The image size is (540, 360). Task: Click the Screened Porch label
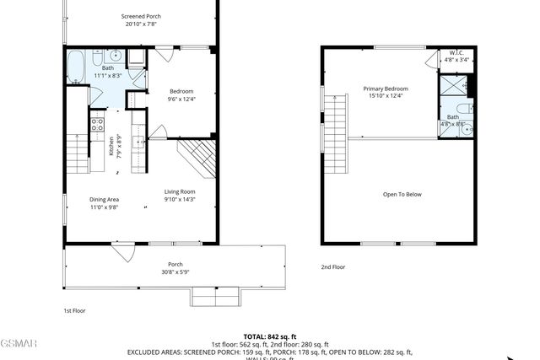141,16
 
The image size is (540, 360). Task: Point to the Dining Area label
105,200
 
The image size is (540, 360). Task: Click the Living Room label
180,191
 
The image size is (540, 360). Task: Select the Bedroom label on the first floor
181,91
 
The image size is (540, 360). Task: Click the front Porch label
175,264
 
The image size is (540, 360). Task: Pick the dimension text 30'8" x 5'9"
175,271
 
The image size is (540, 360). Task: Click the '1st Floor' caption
74,310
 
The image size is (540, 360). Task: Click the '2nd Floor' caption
332,267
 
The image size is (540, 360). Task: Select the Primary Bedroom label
386,89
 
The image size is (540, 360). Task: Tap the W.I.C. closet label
456,52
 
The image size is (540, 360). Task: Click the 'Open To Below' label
402,195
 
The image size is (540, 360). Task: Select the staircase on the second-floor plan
336,121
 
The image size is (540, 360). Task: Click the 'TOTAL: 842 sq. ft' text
269,336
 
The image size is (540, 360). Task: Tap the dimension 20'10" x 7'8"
140,24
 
